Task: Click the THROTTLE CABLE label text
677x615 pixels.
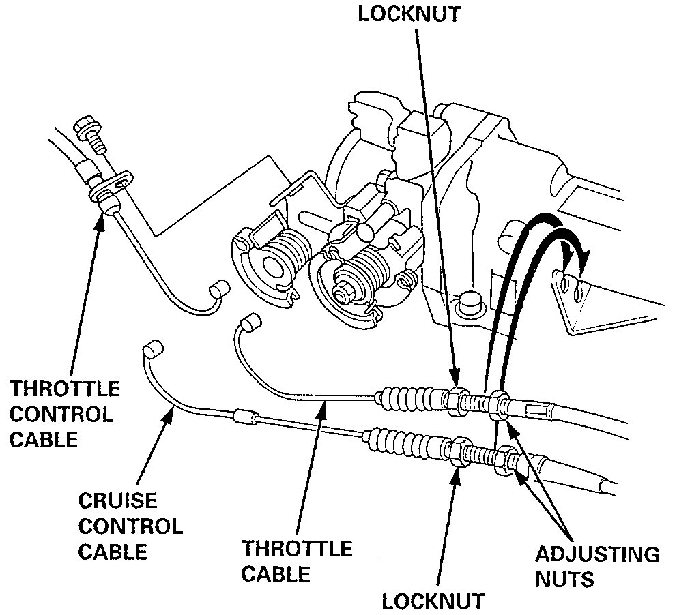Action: (x=298, y=560)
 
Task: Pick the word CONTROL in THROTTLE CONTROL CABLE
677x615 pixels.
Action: (x=61, y=415)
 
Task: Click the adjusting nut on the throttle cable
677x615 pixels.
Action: (x=500, y=403)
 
